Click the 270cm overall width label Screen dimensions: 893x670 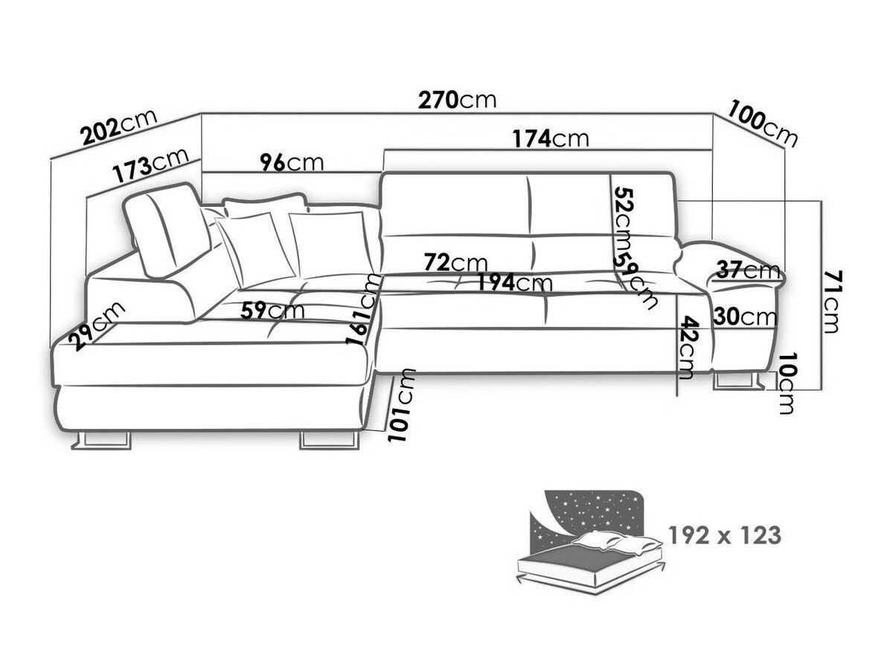click(x=457, y=100)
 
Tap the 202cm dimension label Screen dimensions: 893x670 click(x=119, y=127)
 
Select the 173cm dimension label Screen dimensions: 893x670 click(x=151, y=165)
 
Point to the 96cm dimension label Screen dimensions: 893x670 click(x=292, y=163)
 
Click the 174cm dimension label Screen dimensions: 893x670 click(x=551, y=138)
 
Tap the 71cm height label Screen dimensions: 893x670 click(x=830, y=301)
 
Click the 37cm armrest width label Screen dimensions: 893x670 click(x=748, y=269)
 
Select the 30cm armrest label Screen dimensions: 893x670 click(x=745, y=316)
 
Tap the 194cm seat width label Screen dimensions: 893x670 click(x=514, y=282)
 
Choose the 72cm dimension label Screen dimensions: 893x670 click(x=455, y=262)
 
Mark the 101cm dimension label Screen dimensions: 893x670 click(x=402, y=405)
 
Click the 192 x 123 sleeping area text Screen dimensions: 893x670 click(x=725, y=535)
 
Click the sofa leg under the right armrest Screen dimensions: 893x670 click(x=738, y=380)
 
